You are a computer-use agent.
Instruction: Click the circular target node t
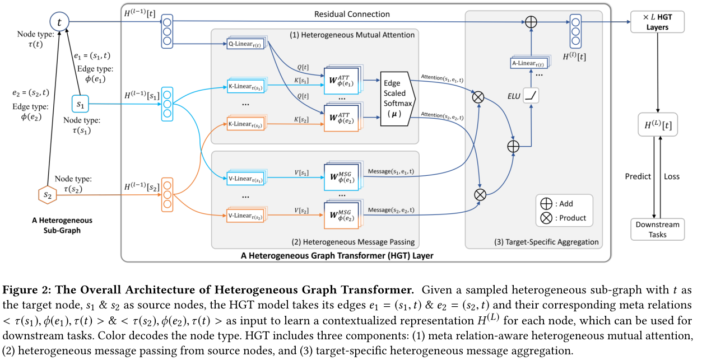59,22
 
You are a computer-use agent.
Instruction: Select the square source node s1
80,104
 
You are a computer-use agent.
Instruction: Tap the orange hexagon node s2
47,195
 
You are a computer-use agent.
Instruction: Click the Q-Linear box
245,44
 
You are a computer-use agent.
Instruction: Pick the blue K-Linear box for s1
245,86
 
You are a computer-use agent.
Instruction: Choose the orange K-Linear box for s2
245,124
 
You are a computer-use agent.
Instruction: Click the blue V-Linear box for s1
245,179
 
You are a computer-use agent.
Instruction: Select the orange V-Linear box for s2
245,216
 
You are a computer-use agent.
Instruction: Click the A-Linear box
529,63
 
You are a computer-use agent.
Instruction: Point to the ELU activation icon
531,96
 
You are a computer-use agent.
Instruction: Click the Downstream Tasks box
657,230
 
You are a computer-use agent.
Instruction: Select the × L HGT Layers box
657,22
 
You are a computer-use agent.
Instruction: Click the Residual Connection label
352,14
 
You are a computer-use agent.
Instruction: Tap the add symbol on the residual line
531,22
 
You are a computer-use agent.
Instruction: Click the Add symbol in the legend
546,204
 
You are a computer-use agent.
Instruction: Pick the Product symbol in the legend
546,218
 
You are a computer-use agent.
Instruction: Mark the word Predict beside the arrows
638,176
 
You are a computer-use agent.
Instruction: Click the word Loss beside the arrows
672,176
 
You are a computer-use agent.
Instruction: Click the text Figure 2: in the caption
27,290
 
